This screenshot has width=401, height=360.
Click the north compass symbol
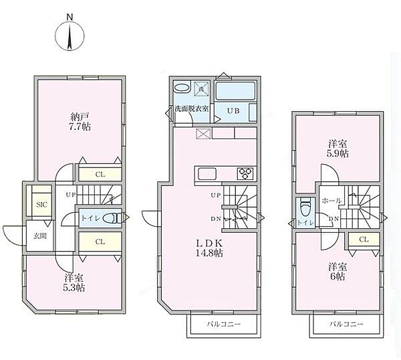70,35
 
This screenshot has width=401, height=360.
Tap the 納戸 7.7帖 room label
80,122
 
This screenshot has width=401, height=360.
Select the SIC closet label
41,205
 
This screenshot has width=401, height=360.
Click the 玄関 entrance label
40,236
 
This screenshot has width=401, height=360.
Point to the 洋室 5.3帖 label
74,283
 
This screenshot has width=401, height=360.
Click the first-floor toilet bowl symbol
112,218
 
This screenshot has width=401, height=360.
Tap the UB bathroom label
233,111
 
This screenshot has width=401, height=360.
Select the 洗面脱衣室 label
192,108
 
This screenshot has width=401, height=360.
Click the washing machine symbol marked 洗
201,88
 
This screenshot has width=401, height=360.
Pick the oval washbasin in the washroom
182,88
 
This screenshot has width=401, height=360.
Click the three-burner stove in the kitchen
246,174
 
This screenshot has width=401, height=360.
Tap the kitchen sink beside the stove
207,174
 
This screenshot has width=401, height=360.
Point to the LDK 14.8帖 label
209,248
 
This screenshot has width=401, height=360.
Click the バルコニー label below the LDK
224,324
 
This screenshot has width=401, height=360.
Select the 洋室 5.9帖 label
338,149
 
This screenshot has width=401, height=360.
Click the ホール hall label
331,201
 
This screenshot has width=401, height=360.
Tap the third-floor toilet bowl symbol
305,207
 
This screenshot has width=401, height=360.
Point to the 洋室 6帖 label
338,272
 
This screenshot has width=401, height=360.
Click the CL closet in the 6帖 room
364,240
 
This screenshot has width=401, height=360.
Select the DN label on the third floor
333,219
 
